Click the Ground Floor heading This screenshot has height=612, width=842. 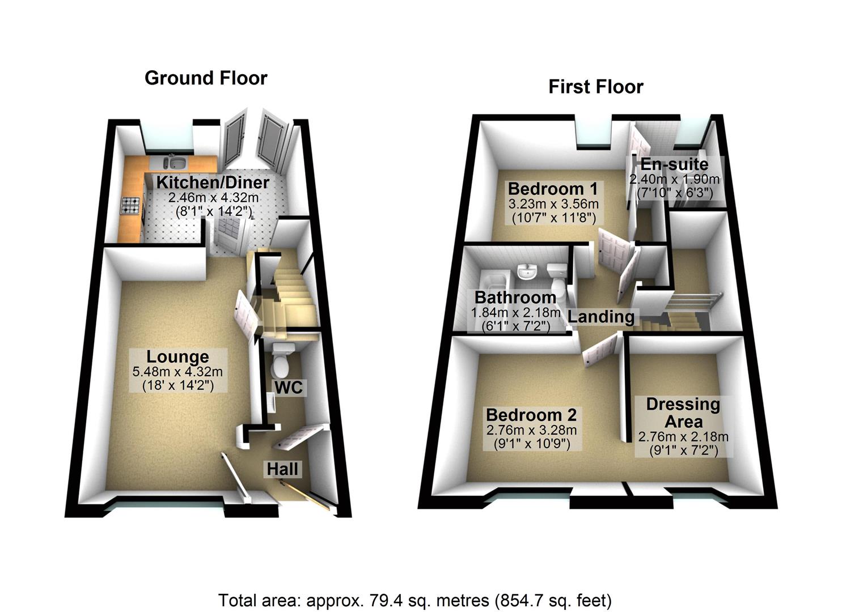[x=206, y=78]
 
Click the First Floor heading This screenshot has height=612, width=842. [x=595, y=87]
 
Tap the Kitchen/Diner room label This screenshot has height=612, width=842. [x=213, y=182]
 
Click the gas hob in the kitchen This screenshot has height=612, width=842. [x=130, y=206]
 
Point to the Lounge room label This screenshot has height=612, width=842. [x=177, y=356]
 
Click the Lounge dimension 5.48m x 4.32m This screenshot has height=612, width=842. [x=177, y=372]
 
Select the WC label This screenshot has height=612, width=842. [x=289, y=388]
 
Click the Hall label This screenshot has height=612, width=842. [x=282, y=469]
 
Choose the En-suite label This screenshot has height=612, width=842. [x=674, y=164]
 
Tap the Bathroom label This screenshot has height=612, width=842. [x=515, y=297]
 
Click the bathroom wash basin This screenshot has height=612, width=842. [x=527, y=273]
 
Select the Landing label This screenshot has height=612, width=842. [x=601, y=316]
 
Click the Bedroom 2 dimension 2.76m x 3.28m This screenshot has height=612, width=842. [x=531, y=430]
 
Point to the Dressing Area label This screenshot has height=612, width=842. [x=683, y=413]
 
